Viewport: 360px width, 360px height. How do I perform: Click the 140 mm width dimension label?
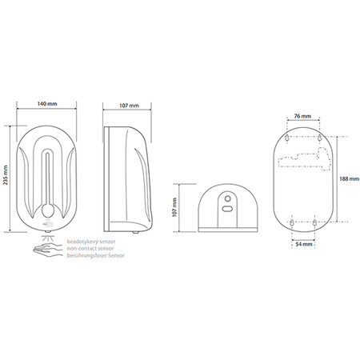click(x=47, y=103)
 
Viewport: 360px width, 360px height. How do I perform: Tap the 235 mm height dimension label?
click(x=6, y=175)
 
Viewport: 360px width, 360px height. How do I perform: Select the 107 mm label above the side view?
click(x=129, y=106)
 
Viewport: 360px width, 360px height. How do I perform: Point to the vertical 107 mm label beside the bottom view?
click(x=174, y=207)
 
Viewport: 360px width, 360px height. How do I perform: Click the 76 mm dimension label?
click(x=302, y=116)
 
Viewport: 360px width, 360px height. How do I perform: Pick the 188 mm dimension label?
click(x=349, y=179)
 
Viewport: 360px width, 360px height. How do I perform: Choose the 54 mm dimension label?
click(x=304, y=244)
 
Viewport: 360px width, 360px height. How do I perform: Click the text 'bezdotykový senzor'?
click(x=91, y=242)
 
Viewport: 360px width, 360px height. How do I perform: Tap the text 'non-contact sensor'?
click(x=90, y=249)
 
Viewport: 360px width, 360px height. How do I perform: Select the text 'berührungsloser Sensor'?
click(x=95, y=255)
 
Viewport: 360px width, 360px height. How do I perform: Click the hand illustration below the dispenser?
click(x=47, y=249)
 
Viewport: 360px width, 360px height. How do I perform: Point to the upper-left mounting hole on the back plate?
click(x=287, y=138)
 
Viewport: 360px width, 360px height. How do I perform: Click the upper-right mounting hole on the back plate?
click(x=320, y=138)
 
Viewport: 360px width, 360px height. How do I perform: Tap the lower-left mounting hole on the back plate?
click(x=292, y=222)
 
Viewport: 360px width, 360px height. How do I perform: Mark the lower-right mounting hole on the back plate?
click(x=314, y=222)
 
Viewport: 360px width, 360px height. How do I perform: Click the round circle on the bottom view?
click(x=227, y=198)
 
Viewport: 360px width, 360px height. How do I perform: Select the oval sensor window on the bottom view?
click(x=227, y=209)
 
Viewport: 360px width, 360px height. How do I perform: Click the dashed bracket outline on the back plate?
click(x=304, y=160)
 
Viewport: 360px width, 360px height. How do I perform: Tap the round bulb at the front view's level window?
click(x=47, y=211)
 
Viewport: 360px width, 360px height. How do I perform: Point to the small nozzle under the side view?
click(x=135, y=233)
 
